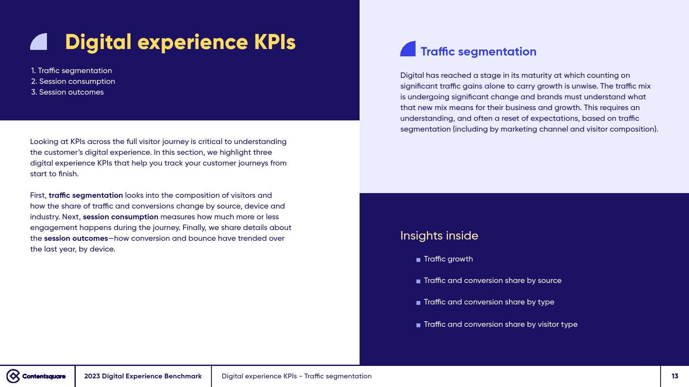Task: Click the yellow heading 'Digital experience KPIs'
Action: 180,43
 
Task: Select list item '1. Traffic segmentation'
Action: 71,71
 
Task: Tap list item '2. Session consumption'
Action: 73,81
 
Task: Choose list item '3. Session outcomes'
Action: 67,92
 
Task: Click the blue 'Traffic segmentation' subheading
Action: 478,52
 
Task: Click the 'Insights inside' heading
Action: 439,236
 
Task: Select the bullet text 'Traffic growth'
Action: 448,259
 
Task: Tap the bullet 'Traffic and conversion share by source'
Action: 493,280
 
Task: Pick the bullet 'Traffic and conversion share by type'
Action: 489,302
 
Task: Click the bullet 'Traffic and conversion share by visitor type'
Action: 500,324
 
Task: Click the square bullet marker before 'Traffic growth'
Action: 418,260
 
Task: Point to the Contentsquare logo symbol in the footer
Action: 13,376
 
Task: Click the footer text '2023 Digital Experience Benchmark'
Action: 143,376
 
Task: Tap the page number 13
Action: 675,376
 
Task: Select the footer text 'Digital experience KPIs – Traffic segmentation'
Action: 297,376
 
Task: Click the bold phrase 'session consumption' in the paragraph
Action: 121,217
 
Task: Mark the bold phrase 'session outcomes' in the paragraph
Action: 76,238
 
